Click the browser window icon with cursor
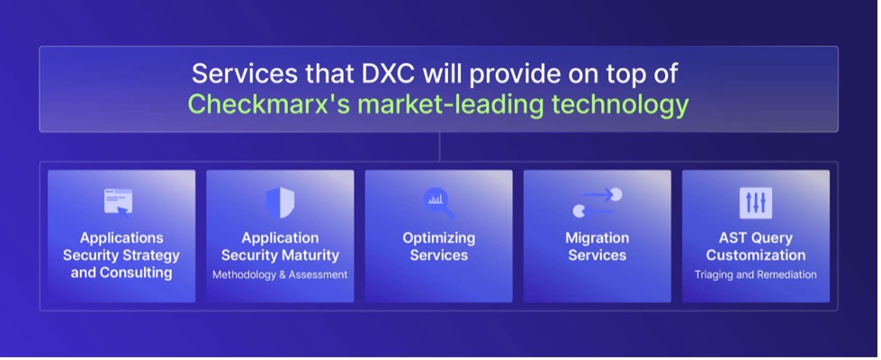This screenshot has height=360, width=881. (119, 201)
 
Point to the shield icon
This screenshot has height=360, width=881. (280, 202)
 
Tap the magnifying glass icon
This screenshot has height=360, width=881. (439, 202)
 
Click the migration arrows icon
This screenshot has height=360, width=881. (598, 202)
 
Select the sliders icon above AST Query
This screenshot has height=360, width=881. (756, 202)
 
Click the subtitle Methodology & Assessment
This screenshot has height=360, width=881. (280, 274)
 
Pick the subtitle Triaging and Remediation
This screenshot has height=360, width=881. (756, 274)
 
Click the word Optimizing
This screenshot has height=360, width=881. (439, 238)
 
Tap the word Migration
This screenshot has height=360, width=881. (598, 238)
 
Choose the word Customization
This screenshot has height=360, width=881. (756, 256)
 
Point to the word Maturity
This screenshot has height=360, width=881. (310, 256)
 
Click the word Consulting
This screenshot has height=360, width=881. (136, 274)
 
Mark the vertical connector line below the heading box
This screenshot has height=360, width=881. (439, 147)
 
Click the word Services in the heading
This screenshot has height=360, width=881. (237, 75)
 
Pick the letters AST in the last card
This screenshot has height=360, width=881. (732, 238)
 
